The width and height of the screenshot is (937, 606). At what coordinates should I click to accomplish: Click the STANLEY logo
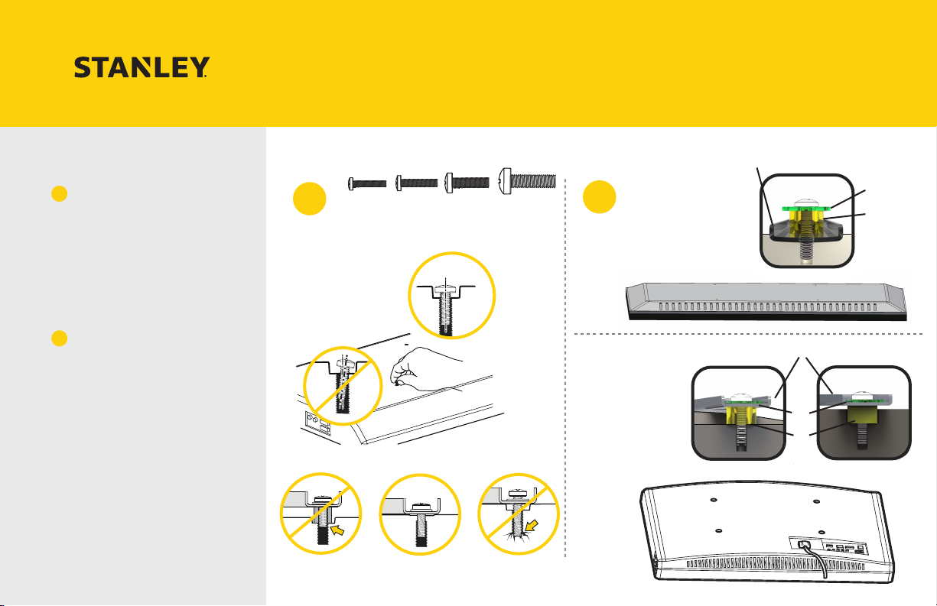pos(142,67)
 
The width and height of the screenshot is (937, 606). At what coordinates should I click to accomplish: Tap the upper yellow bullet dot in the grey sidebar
pos(60,193)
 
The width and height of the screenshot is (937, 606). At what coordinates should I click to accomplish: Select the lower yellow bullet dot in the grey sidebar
pos(60,338)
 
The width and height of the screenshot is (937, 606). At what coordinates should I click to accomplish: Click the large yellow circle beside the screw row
pos(310,199)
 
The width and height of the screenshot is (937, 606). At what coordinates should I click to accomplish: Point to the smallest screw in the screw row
pos(367,183)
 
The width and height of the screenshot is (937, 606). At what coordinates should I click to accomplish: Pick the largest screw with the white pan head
pos(528,181)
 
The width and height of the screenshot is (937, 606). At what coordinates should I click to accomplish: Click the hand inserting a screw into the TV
pos(422,369)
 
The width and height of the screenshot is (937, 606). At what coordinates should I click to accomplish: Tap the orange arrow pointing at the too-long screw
pos(337,530)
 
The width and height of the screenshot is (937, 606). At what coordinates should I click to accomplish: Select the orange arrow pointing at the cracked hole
pos(532,526)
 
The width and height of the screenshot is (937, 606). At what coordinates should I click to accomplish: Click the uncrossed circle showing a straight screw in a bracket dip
pos(452,296)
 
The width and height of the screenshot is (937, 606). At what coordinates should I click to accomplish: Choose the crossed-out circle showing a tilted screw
pos(343,386)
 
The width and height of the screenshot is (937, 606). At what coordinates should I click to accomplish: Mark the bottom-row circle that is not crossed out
pos(420,514)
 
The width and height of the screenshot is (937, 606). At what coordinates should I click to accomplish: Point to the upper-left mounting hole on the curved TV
pos(714,500)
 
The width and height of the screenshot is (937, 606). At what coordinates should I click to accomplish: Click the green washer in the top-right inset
pos(806,209)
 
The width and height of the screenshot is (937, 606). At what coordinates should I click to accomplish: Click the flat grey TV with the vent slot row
pos(766,302)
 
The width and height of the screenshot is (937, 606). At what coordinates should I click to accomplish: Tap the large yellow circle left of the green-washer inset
pos(600,197)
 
